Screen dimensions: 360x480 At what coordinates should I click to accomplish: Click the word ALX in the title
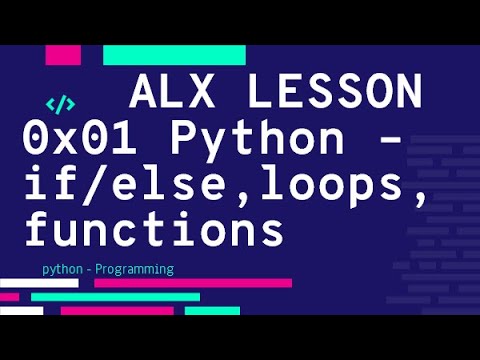click(175, 95)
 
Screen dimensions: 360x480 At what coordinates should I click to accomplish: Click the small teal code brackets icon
click(61, 102)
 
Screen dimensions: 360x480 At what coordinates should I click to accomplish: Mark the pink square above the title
click(63, 54)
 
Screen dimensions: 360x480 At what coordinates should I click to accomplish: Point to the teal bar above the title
click(174, 54)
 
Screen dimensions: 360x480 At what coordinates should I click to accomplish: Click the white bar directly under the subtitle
click(39, 283)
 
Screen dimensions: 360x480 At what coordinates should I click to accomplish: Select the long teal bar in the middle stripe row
click(115, 297)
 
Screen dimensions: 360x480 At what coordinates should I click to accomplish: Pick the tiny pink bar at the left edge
click(9, 297)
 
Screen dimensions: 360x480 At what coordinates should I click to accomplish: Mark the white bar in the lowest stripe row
click(22, 311)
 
